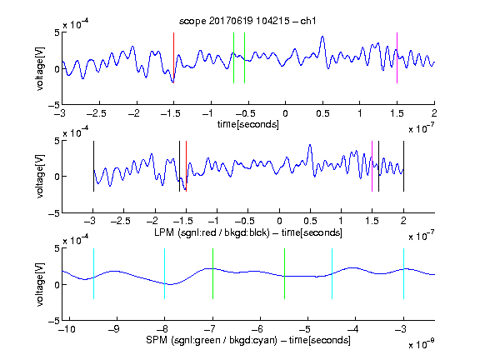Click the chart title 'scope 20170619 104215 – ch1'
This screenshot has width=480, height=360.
[x=247, y=21]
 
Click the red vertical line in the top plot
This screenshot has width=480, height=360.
[x=173, y=57]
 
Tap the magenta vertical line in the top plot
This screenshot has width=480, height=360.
[x=397, y=57]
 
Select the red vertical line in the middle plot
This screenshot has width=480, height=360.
[x=186, y=166]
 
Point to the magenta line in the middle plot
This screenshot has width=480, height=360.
[x=372, y=166]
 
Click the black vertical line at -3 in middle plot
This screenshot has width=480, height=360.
[x=93, y=166]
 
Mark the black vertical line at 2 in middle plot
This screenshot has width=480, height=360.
[x=403, y=166]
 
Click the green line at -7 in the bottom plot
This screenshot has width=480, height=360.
[x=212, y=273]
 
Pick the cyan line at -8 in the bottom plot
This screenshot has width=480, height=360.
[x=165, y=273]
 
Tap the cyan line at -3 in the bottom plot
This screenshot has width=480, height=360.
[x=403, y=273]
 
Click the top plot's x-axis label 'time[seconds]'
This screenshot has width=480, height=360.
[x=248, y=124]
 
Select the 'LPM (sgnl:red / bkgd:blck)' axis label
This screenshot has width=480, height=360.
[x=212, y=232]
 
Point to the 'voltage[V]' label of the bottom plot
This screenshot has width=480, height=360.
[x=40, y=284]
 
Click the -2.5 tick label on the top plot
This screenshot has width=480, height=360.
[x=96, y=114]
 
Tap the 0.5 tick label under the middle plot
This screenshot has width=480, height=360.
[x=310, y=221]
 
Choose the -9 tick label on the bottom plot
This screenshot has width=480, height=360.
[x=114, y=329]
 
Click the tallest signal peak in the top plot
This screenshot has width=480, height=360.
[x=322, y=37]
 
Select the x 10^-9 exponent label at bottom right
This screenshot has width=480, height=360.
[x=422, y=344]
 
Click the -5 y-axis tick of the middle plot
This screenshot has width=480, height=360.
[x=54, y=213]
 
